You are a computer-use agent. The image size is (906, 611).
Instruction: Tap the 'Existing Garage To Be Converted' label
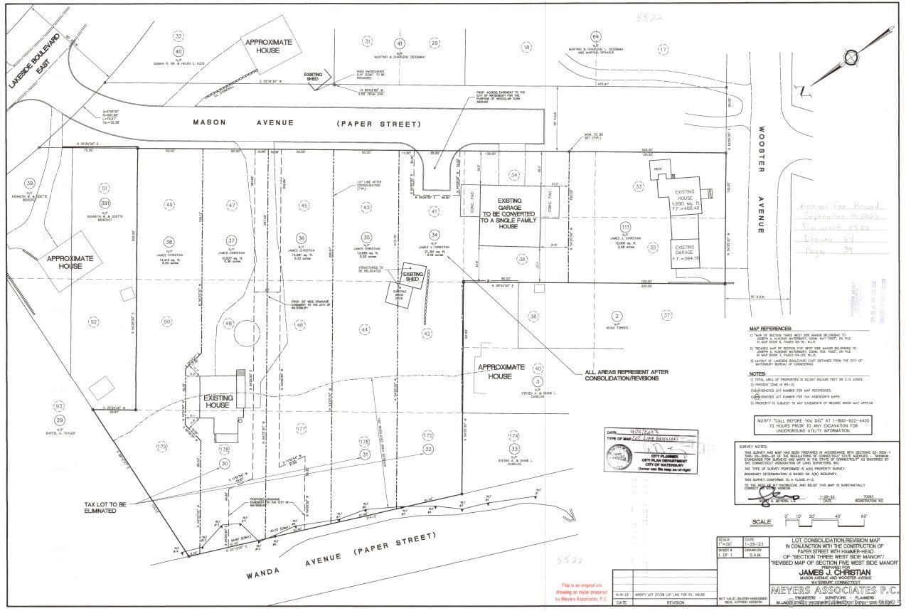tap(508, 213)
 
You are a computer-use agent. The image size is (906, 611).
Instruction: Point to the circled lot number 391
tap(105, 203)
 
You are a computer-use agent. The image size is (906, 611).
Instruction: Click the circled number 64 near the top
tap(596, 36)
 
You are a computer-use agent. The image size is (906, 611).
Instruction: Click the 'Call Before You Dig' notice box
tap(814, 425)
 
